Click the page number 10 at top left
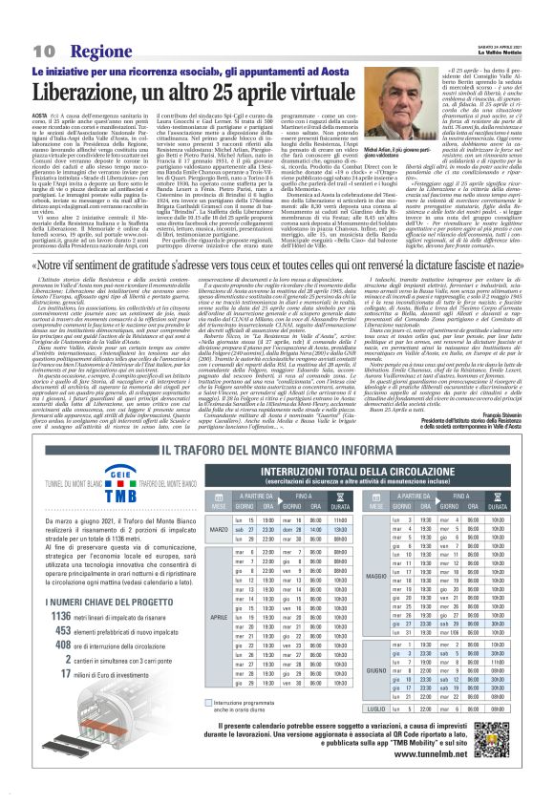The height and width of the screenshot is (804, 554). [42, 49]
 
